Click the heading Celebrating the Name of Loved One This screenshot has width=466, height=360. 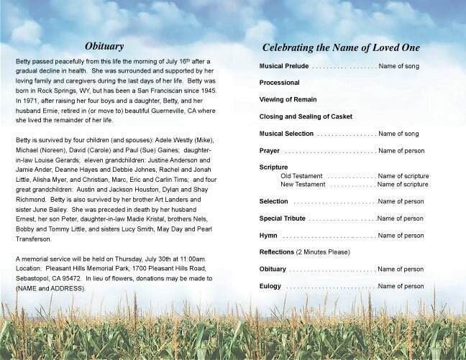pyautogui.click(x=341, y=47)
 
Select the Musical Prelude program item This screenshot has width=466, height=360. pyautogui.click(x=285, y=66)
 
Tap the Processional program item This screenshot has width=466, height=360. pyautogui.click(x=280, y=83)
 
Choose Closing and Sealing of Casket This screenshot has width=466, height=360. pyautogui.click(x=306, y=116)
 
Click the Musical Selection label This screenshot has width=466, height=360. pyautogui.click(x=287, y=134)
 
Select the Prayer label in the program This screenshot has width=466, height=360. pyautogui.click(x=270, y=151)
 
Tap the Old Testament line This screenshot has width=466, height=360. pyautogui.click(x=302, y=176)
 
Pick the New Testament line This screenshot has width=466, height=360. pyautogui.click(x=303, y=185)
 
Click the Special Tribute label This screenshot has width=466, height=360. pyautogui.click(x=283, y=218)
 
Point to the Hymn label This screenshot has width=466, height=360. pyautogui.click(x=269, y=235)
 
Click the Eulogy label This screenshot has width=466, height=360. pyautogui.click(x=270, y=286)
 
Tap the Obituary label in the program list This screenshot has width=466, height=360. pyautogui.click(x=273, y=269)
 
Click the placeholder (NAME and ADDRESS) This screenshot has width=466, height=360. pyautogui.click(x=50, y=287)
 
